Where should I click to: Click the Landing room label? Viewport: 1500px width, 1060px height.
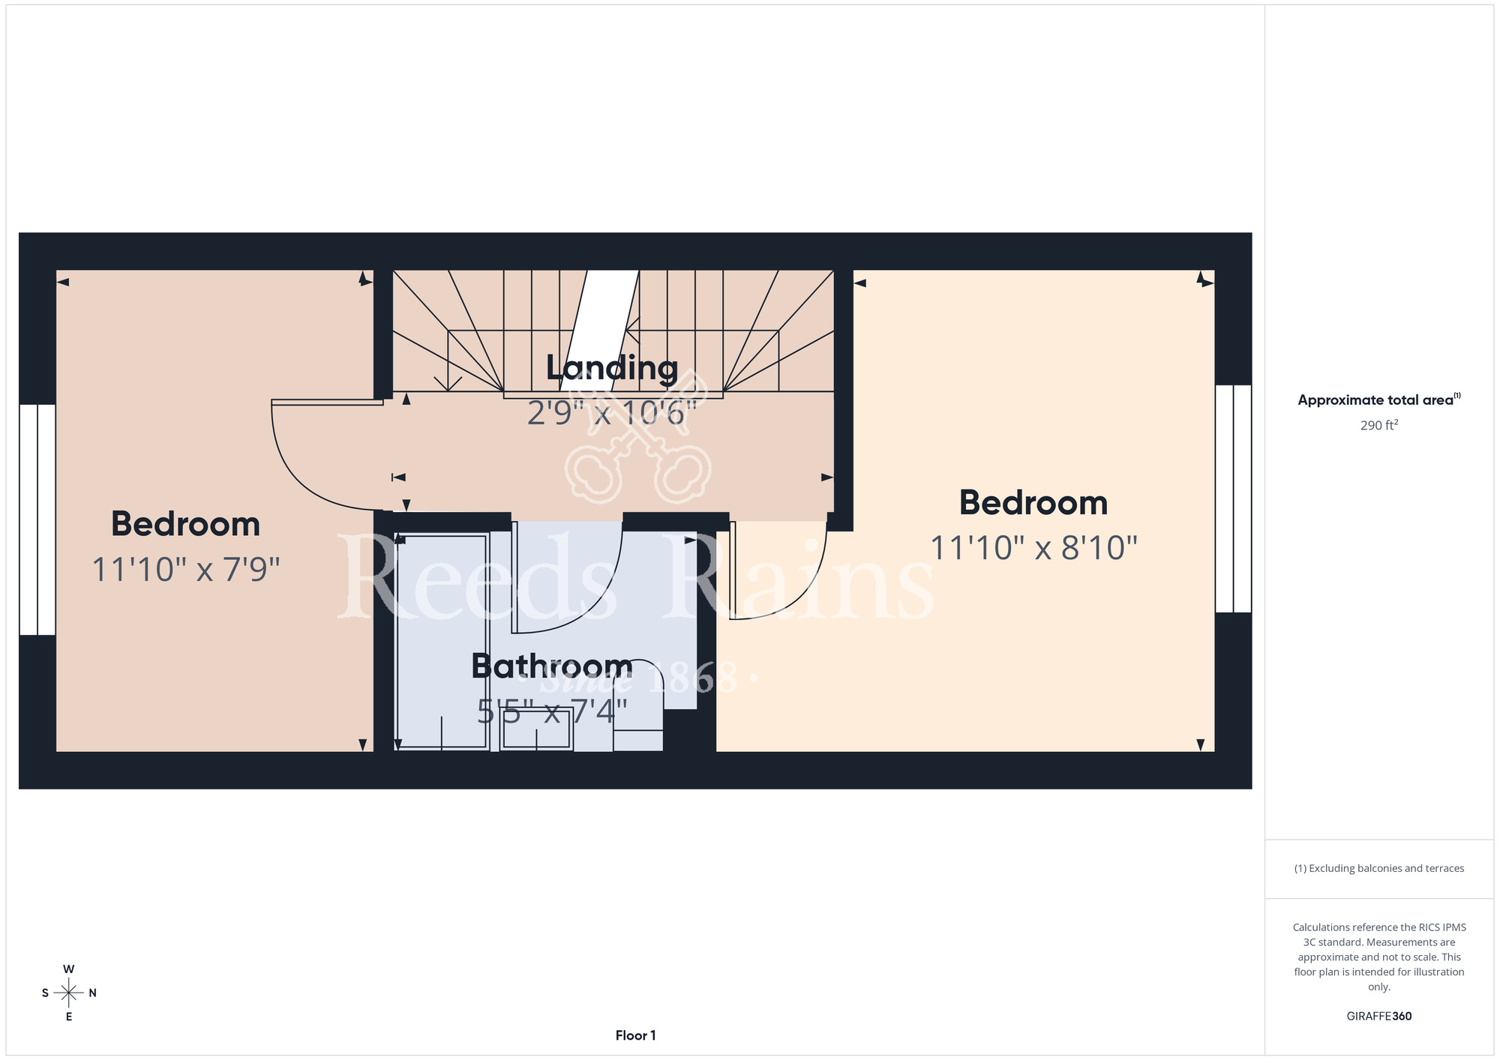pyautogui.click(x=612, y=369)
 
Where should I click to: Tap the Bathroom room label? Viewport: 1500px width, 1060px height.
pyautogui.click(x=552, y=666)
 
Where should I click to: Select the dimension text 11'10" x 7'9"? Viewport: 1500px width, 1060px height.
pyautogui.click(x=186, y=569)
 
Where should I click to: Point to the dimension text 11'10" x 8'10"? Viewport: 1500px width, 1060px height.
pyautogui.click(x=1034, y=548)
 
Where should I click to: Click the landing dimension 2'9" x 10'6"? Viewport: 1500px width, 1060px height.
pyautogui.click(x=612, y=413)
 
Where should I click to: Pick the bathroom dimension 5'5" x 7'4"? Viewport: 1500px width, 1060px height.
pyautogui.click(x=552, y=711)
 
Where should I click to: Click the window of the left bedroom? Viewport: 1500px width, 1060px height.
pyautogui.click(x=37, y=520)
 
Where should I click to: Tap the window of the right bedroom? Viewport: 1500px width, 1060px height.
pyautogui.click(x=1233, y=499)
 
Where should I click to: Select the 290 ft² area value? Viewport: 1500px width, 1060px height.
pyautogui.click(x=1379, y=425)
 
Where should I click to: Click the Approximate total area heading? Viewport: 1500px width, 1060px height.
pyautogui.click(x=1379, y=400)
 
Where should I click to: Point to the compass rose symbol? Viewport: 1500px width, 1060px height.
pyautogui.click(x=69, y=993)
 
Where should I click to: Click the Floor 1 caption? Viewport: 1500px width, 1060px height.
pyautogui.click(x=635, y=1035)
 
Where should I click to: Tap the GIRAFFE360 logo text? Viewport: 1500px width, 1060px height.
pyautogui.click(x=1379, y=1017)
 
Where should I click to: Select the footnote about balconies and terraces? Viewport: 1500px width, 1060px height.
pyautogui.click(x=1379, y=868)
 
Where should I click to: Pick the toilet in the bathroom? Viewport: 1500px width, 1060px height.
pyautogui.click(x=638, y=705)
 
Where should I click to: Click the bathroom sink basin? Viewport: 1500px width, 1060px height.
pyautogui.click(x=536, y=728)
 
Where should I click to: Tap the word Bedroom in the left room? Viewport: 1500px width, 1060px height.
pyautogui.click(x=186, y=524)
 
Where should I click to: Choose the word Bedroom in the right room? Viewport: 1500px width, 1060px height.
pyautogui.click(x=1034, y=503)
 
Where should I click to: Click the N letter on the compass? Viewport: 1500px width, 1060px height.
pyautogui.click(x=93, y=993)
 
